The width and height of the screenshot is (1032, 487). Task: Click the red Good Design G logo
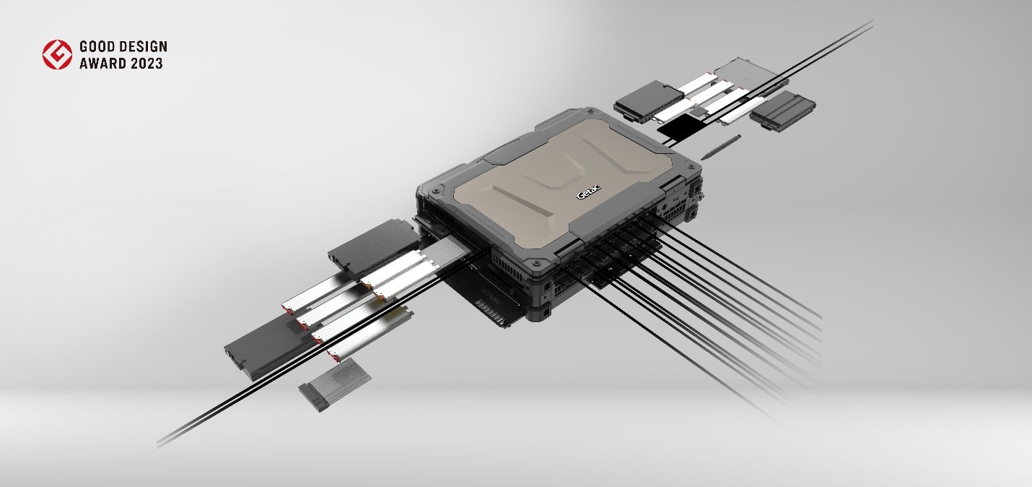[x=57, y=54]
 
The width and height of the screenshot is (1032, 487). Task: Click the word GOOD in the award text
[x=96, y=46]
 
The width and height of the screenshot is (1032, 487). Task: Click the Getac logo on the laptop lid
[x=589, y=192]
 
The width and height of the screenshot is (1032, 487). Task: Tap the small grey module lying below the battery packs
[x=334, y=384]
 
